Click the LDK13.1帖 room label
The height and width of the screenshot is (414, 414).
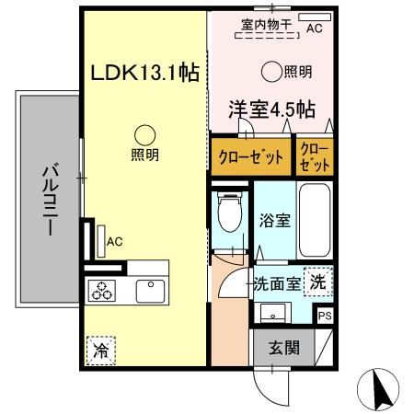tap(144, 71)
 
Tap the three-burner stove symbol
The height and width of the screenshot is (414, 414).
tap(102, 292)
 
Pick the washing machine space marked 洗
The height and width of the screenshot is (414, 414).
tap(317, 282)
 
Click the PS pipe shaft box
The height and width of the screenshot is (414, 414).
tap(324, 315)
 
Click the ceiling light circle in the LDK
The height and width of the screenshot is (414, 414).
tap(143, 133)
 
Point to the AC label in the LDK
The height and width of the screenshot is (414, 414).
tap(115, 241)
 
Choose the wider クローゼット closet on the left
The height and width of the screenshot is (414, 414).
tap(249, 155)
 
